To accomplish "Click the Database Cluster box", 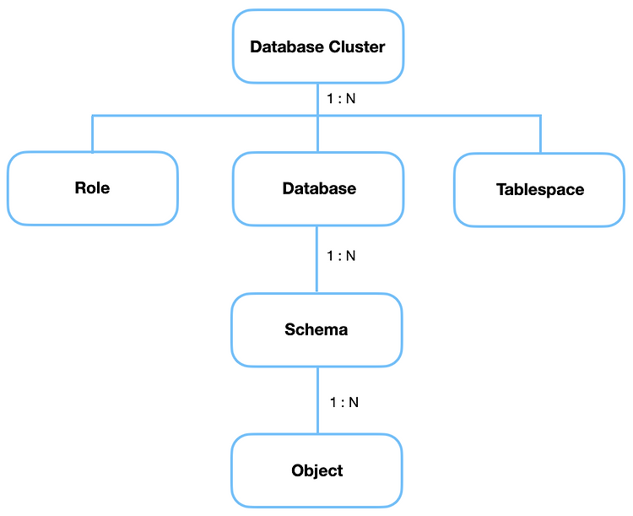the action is coord(318,46).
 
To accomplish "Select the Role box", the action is coord(93,188).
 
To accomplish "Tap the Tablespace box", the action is coord(539,189).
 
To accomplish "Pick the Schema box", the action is coord(316,329).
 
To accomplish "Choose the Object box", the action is coord(316,470).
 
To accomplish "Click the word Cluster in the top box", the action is coord(357,47).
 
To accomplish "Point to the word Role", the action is coord(92,187).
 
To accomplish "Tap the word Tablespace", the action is coord(540,189).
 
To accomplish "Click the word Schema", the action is coord(316,329).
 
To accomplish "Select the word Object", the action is coord(316,470).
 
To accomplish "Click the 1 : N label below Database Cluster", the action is coord(341,99).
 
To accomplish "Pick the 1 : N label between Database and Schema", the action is coord(341,256).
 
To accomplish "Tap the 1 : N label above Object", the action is coord(344,402).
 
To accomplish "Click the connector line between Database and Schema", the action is coord(316,259).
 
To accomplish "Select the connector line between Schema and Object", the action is coord(317,400).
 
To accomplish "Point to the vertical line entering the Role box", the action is coord(93,133).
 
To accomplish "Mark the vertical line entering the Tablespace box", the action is coord(540,134).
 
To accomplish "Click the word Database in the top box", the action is coord(287,47).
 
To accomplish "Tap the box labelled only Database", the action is coord(318,188).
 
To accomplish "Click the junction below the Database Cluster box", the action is coord(317,116).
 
